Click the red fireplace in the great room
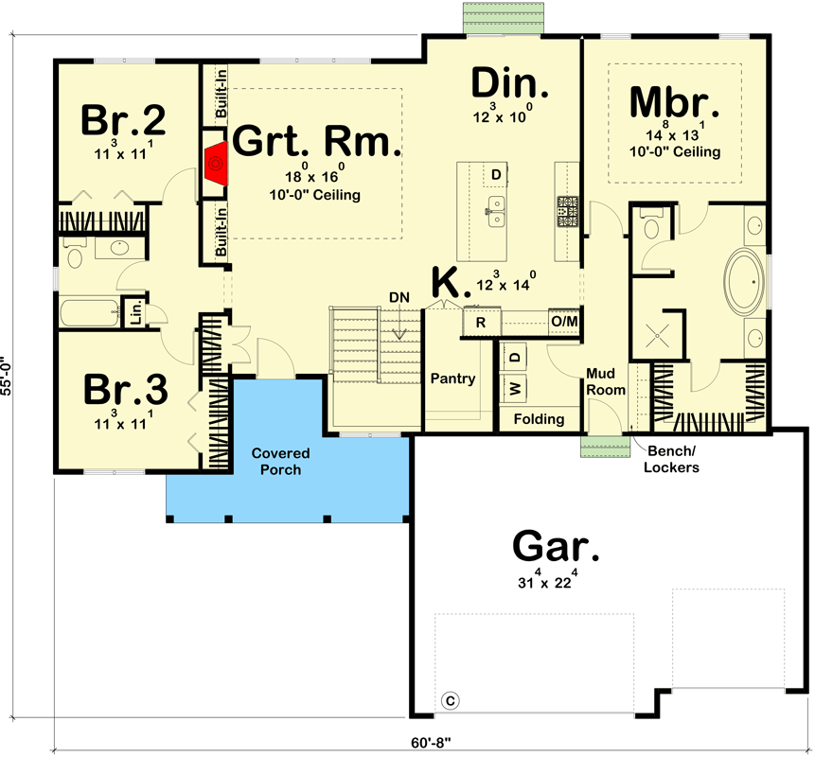coord(215,166)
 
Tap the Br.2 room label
coord(123,120)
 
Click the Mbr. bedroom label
coord(674,101)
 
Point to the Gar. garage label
coord(557,547)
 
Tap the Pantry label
coord(452,378)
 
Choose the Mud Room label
coord(606,381)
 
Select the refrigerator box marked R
coord(481,323)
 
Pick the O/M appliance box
coord(564,323)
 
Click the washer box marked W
coord(516,388)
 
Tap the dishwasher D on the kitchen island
coord(496,174)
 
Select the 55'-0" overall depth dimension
coord(9,377)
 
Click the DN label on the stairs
coord(399,297)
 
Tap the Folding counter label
coord(539,418)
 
